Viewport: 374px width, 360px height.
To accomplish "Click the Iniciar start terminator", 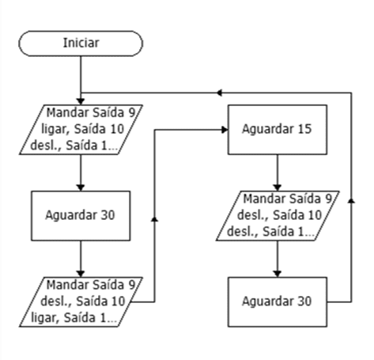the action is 81,44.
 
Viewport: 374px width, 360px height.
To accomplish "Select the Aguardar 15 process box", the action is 278,130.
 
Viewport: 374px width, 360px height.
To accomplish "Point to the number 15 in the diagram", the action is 305,129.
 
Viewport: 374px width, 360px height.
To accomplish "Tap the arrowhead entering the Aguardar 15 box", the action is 225,130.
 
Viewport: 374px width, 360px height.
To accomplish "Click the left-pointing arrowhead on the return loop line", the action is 219,93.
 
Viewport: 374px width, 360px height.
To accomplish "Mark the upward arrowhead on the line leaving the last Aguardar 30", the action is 351,200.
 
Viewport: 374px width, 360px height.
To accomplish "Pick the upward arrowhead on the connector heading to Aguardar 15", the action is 155,219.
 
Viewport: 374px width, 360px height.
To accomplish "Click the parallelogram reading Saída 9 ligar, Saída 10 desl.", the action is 81,130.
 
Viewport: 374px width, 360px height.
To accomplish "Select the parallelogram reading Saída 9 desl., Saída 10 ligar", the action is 81,302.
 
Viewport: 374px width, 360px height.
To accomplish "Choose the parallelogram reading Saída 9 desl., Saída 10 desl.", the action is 278,216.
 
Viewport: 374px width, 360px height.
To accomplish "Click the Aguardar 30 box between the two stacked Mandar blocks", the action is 81,216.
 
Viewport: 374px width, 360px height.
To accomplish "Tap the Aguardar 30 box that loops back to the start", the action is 278,302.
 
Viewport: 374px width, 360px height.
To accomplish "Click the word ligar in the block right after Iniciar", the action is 54,129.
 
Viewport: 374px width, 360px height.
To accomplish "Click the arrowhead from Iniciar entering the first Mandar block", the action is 81,101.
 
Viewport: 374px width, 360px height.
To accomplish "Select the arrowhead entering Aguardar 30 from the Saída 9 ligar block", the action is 81,188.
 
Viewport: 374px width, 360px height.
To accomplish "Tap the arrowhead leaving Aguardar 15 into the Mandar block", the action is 278,188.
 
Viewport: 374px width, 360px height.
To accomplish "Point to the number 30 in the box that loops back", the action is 305,301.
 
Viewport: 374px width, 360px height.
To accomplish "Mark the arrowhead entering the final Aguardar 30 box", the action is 278,274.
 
